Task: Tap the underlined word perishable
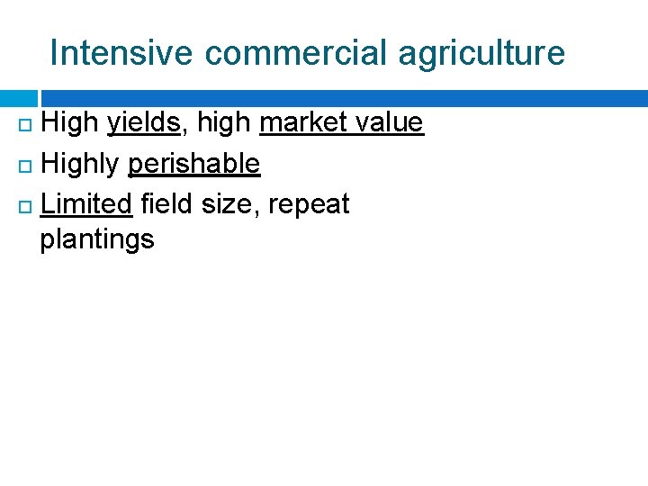pos(194,164)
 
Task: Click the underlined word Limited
pos(86,204)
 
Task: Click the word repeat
pos(309,205)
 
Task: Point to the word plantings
pos(97,240)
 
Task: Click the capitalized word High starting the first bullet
pos(70,122)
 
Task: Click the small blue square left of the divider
pos(17,98)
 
